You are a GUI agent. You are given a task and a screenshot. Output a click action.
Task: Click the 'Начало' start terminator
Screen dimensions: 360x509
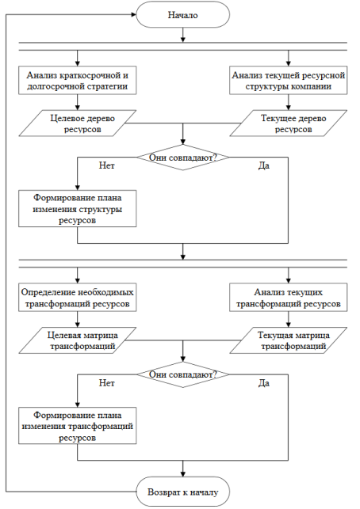(182, 15)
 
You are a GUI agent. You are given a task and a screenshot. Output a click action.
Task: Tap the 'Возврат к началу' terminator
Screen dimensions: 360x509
(182, 492)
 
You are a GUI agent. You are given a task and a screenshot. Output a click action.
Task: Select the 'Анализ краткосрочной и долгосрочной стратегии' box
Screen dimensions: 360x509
(78, 81)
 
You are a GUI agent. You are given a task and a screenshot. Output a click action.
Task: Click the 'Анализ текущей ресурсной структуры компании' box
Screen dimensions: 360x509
(288, 81)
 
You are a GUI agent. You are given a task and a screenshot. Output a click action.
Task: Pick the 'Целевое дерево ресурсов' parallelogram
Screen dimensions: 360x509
(78, 123)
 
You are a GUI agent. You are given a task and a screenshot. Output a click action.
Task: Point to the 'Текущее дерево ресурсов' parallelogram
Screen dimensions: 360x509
(288, 123)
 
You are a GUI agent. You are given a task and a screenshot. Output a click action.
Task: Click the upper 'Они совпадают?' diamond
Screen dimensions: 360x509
(182, 158)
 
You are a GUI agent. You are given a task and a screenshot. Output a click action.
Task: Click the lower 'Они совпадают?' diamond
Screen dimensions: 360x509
(182, 374)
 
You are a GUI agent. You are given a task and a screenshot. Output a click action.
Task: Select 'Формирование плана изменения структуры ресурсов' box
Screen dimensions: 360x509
(78, 208)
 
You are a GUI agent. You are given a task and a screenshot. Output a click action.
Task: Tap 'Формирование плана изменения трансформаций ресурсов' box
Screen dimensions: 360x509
(78, 426)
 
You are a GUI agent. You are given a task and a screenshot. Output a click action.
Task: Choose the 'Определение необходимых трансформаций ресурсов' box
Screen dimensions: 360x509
(78, 298)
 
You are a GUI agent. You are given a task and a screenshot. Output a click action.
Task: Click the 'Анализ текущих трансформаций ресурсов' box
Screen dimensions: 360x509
(288, 298)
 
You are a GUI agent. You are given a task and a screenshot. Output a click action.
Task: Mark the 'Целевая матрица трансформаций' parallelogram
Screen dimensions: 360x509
(78, 340)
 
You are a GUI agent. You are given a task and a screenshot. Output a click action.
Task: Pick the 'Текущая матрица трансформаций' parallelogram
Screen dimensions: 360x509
(288, 340)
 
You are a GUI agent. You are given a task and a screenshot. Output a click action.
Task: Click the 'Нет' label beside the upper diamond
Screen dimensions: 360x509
(107, 166)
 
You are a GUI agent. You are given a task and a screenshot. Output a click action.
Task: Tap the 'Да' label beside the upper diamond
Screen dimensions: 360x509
(264, 166)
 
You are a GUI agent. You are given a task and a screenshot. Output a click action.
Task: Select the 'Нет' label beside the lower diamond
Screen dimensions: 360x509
(107, 383)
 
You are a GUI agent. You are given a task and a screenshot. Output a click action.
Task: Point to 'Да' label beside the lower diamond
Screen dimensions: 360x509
(264, 383)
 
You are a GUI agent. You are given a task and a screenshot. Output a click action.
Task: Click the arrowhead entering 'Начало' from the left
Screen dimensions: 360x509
(133, 14)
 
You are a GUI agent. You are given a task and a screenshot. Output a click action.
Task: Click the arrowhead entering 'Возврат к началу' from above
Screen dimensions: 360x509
(182, 474)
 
